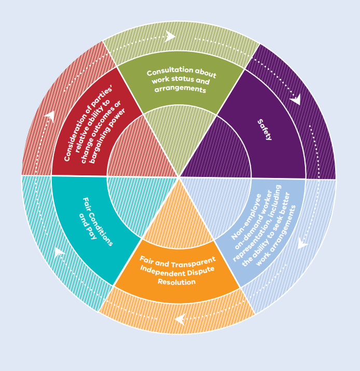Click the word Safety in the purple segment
coord(265,130)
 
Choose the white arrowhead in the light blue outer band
coord(302,243)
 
